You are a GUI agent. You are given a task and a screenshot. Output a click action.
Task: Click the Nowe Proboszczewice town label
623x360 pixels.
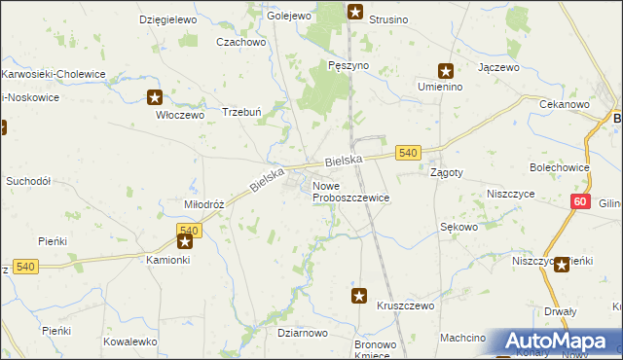(x=350, y=192)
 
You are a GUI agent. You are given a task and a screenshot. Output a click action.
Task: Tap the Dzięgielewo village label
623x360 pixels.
(x=167, y=19)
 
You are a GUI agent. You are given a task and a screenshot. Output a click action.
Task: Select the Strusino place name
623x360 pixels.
(x=389, y=19)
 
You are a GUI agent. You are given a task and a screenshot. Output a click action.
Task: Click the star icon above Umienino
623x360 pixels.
(x=446, y=70)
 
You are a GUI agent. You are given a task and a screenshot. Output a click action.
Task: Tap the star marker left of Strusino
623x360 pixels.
(x=355, y=13)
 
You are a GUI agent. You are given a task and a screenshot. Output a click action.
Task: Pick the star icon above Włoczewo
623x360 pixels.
(x=155, y=96)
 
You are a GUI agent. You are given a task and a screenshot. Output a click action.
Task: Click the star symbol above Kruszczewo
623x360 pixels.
(x=359, y=295)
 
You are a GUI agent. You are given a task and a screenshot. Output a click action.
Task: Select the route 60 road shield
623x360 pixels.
(x=580, y=201)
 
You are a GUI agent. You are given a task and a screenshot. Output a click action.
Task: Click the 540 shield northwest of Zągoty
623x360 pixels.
(x=408, y=153)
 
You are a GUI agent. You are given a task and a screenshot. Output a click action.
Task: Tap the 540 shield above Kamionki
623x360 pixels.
(x=189, y=230)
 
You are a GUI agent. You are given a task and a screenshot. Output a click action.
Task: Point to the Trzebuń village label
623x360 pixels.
(x=242, y=111)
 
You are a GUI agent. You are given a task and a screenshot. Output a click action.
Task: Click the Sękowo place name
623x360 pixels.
(x=458, y=227)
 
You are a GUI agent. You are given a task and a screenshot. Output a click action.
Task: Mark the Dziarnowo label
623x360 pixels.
(x=302, y=333)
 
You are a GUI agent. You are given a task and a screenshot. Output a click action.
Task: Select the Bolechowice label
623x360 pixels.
(x=559, y=167)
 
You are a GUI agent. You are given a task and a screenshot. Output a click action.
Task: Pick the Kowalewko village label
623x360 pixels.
(x=130, y=342)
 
